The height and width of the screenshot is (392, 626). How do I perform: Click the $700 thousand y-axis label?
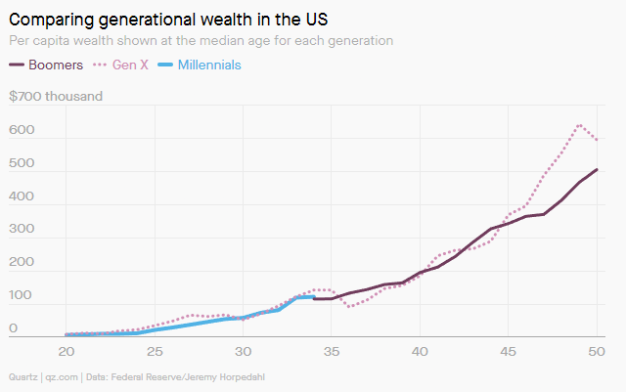click(56, 97)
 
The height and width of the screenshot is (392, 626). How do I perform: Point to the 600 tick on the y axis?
click(22, 131)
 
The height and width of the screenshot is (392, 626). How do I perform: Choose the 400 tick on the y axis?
click(22, 196)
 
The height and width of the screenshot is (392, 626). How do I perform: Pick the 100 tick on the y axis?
click(22, 295)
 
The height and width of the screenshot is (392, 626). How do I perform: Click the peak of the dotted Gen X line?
click(580, 124)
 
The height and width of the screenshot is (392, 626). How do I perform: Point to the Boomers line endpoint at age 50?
click(597, 169)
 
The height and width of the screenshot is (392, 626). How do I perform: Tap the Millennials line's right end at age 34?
click(313, 296)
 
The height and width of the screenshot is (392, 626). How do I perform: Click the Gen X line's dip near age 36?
click(349, 306)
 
